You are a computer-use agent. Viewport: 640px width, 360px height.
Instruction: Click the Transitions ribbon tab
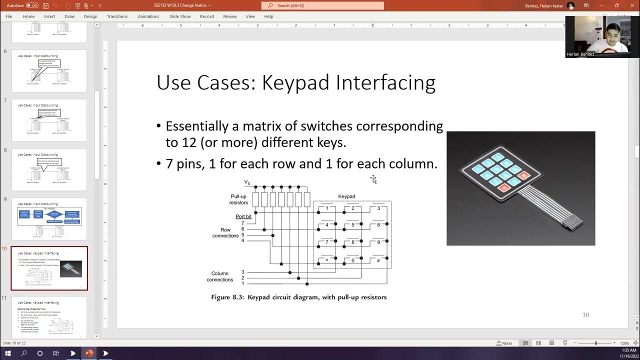point(117,16)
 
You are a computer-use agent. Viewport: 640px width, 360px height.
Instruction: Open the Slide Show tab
point(180,16)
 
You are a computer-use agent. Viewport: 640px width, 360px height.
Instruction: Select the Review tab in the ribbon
point(229,16)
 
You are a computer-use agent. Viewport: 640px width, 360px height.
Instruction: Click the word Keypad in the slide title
point(296,83)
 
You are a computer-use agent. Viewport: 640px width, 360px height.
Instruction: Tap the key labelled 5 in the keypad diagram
point(352,225)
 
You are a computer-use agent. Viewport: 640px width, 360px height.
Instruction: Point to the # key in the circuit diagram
point(378,260)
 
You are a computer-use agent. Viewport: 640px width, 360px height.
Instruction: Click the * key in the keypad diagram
point(327,260)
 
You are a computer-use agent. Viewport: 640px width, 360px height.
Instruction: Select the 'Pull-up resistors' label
point(238,199)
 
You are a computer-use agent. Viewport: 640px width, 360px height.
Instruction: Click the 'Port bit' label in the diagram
point(243,216)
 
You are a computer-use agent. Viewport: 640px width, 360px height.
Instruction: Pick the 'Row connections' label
point(225,232)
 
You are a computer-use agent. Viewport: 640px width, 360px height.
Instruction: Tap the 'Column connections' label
point(219,276)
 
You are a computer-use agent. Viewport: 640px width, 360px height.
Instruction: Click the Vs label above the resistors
point(247,182)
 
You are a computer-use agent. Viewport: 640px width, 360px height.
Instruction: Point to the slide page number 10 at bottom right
point(585,314)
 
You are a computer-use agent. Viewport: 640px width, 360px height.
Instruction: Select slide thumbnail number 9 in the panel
point(49,218)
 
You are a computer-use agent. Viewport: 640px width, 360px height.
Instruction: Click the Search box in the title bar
point(322,5)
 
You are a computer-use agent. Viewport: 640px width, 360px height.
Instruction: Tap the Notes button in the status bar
point(504,343)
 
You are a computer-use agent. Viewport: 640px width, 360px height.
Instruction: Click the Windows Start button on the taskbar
point(8,353)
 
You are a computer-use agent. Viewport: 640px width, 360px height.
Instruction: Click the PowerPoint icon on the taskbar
point(89,353)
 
